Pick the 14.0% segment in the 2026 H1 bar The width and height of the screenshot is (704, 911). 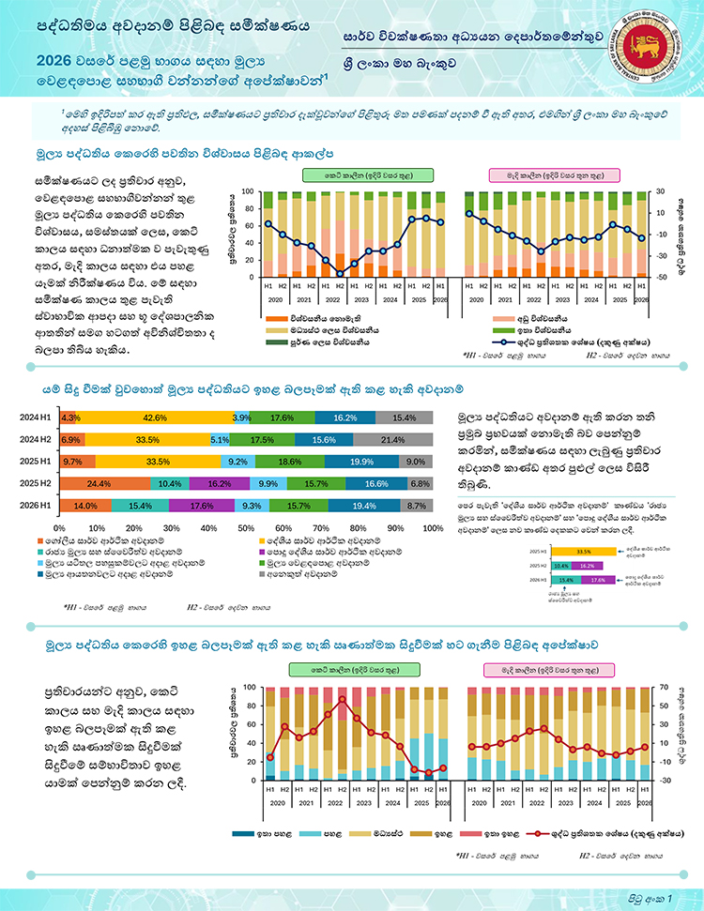click(86, 505)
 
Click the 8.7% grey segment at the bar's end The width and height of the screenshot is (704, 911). click(418, 505)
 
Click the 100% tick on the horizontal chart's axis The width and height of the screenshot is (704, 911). click(431, 527)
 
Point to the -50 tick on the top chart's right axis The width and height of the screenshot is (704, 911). click(662, 277)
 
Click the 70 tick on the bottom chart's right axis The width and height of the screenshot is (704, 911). click(662, 686)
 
